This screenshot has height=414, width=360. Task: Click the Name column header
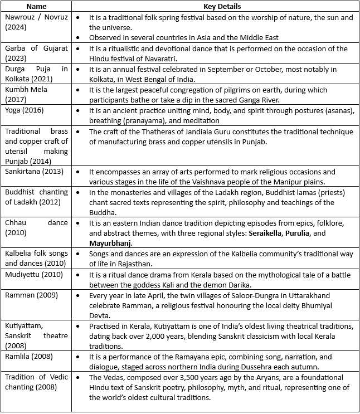(x=36, y=7)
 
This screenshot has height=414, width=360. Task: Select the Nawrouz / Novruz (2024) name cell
(x=36, y=22)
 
